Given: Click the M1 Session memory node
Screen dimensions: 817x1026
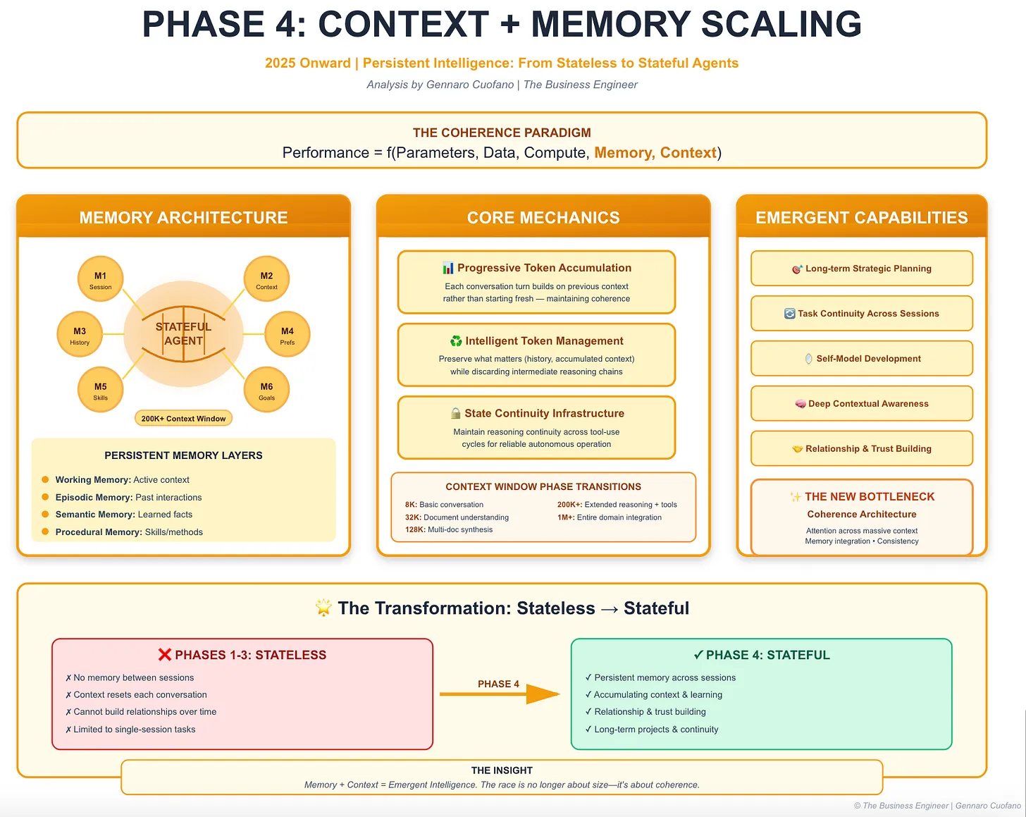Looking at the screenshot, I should point(100,280).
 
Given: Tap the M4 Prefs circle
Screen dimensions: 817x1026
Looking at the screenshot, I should point(287,335).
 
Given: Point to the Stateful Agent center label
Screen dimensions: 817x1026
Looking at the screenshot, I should point(183,334).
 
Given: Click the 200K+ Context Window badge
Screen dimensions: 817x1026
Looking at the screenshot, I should point(183,419).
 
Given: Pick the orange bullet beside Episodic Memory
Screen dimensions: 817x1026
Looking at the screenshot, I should point(45,497).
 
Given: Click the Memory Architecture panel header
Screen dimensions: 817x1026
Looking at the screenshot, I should point(183,218).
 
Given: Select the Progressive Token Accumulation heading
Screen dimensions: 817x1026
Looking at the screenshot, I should point(544,268).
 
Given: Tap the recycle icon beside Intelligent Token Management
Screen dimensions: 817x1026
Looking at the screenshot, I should point(456,341).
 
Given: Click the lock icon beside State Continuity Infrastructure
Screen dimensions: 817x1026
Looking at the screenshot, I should point(456,414).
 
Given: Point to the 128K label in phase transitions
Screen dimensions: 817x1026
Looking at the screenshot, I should point(414,530).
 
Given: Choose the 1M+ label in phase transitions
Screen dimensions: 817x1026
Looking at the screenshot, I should point(566,517).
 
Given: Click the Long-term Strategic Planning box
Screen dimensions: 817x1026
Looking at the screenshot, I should point(861,269).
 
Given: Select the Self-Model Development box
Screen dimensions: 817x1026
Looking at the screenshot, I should point(861,359).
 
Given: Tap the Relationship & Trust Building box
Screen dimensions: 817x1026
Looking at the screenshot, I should point(861,449).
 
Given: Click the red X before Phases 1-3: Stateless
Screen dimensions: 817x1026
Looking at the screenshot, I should point(165,655).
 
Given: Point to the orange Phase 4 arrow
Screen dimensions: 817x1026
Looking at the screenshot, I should point(500,694).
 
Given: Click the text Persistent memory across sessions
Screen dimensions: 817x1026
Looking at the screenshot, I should point(665,677).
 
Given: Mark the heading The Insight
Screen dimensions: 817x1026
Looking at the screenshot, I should point(502,770).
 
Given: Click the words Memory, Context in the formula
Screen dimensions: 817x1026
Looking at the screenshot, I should point(655,153).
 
